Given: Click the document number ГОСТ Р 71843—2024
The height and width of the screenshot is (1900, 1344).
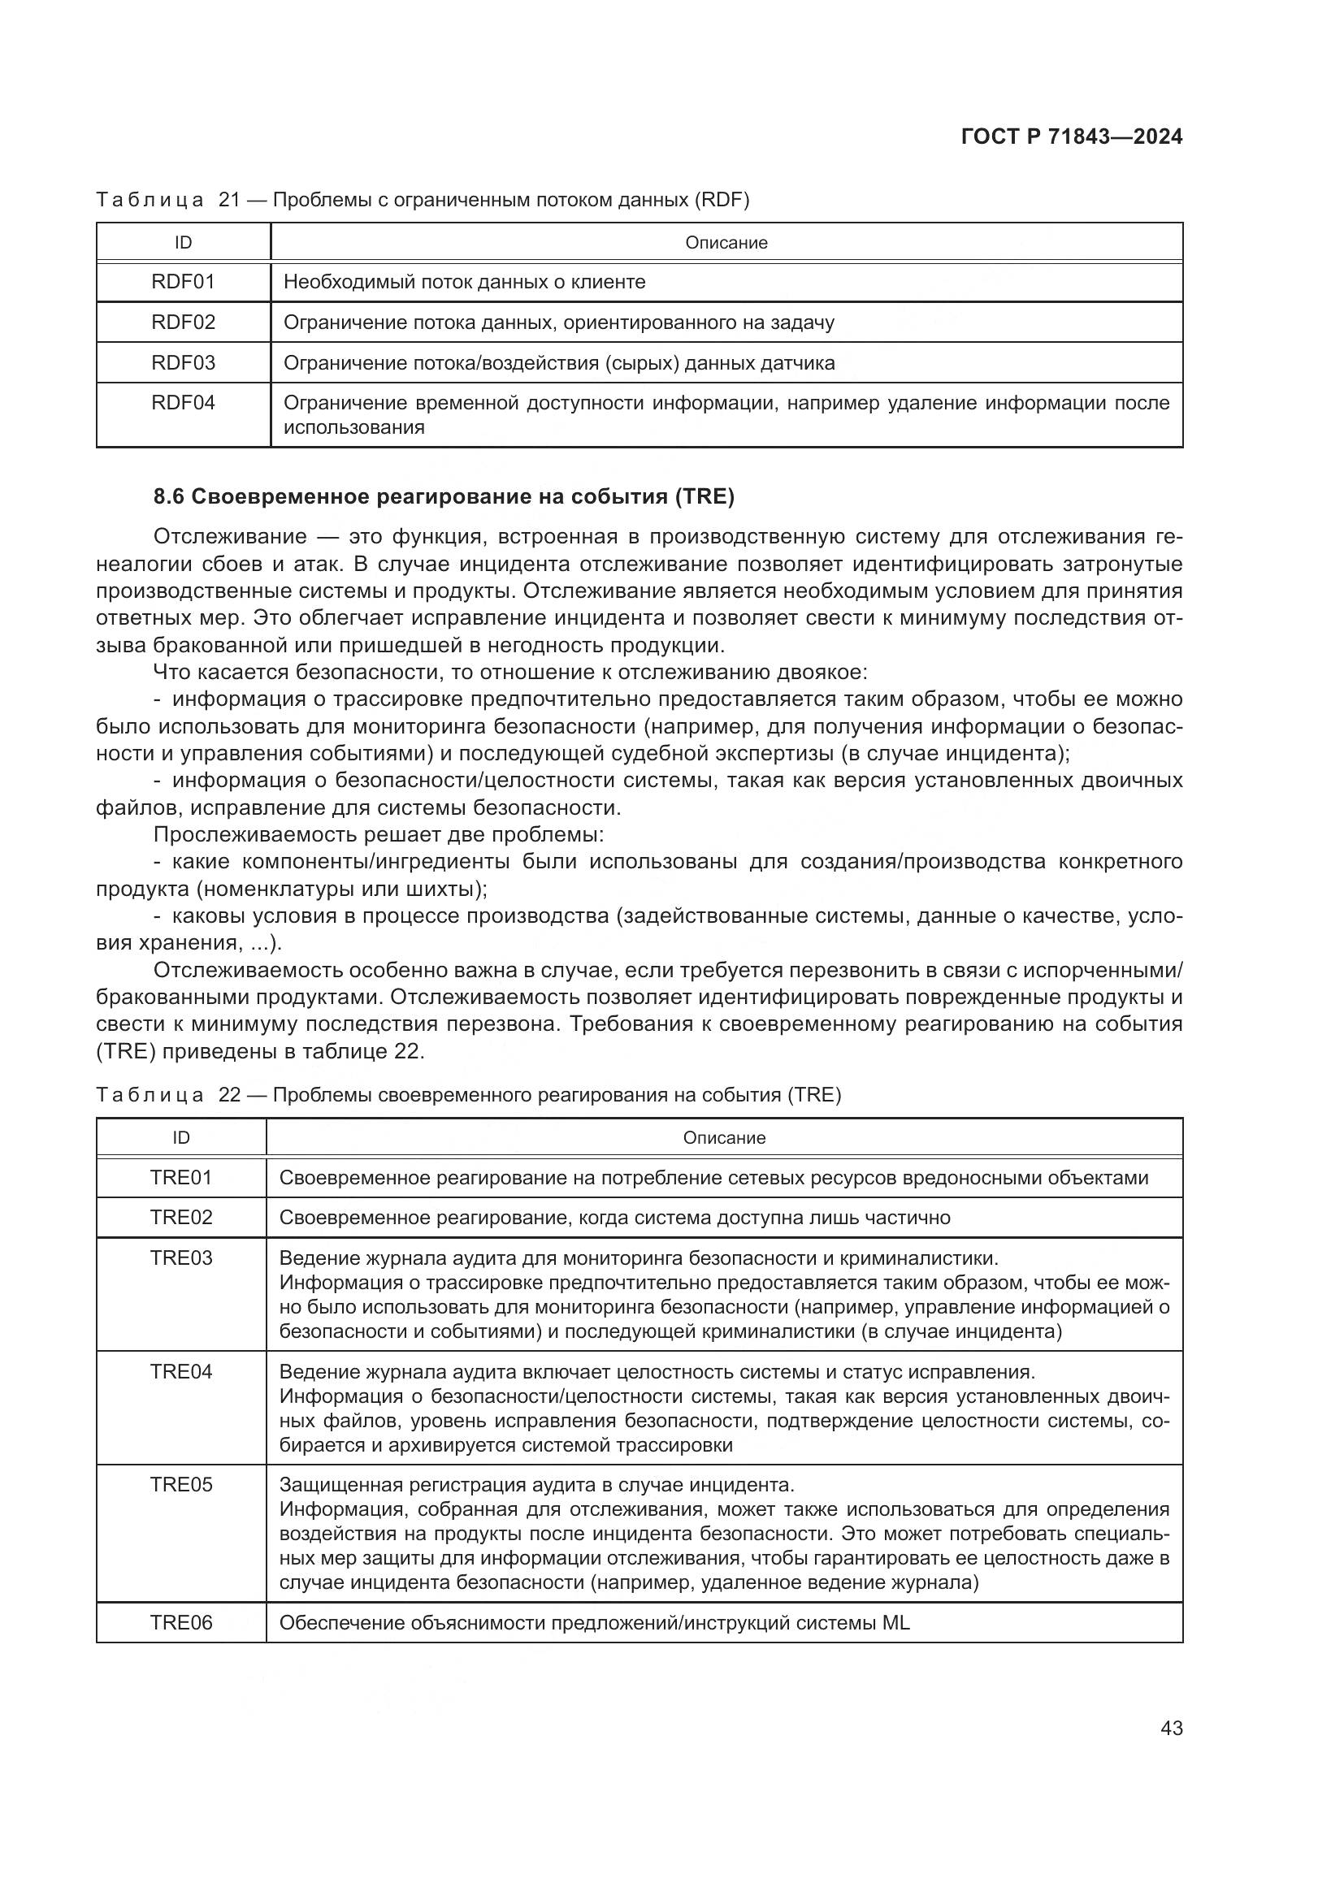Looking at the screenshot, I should [1072, 136].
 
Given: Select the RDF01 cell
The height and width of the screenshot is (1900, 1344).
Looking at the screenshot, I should [183, 282].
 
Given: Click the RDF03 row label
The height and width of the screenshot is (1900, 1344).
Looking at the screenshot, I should [183, 362].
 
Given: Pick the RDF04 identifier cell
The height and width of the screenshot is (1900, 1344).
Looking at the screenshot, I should [183, 403].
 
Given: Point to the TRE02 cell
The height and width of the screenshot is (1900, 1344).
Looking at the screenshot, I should [181, 1218].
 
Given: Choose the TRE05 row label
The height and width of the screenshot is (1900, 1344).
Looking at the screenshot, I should [181, 1485].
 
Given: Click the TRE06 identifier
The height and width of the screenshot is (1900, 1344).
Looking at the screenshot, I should [181, 1623].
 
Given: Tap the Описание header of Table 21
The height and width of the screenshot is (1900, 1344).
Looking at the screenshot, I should [726, 242].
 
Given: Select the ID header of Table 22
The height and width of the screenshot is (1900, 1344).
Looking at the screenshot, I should [181, 1138].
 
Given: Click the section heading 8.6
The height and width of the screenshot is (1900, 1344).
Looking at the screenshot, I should [444, 496].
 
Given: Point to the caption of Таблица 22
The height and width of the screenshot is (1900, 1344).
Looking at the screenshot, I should [468, 1095].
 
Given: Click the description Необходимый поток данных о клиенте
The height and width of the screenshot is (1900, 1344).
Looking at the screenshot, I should [464, 282].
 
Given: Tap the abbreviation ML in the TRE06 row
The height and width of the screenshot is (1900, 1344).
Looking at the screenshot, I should [895, 1623].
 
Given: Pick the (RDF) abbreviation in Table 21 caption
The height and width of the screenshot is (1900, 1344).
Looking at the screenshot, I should [722, 201].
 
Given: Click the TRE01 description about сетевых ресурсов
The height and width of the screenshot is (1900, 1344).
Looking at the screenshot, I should [713, 1178].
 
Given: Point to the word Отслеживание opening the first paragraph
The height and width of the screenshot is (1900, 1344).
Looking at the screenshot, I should [229, 537].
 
